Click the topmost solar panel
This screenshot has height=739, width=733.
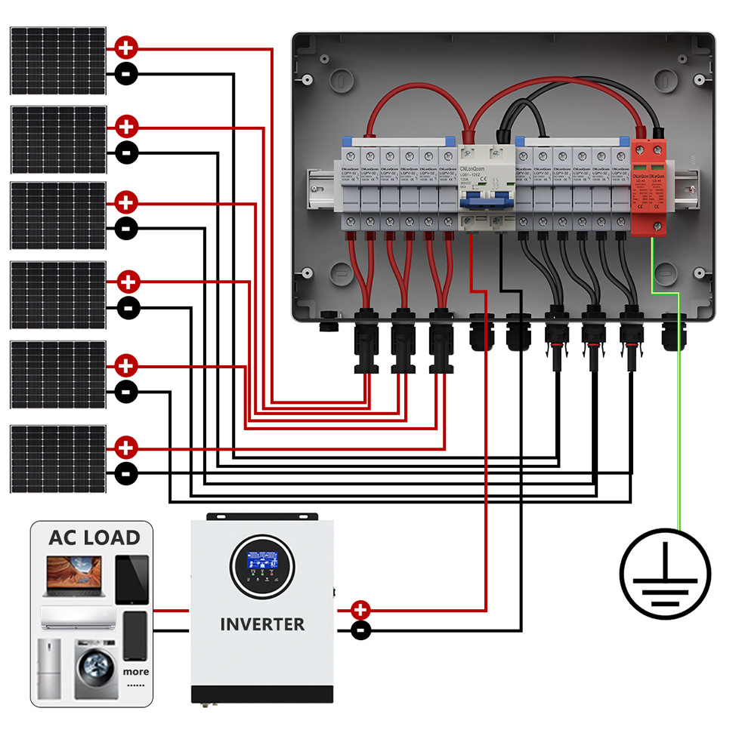(x=57, y=60)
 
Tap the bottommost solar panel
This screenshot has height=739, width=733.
(x=57, y=459)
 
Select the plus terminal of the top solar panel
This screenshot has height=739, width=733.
(x=126, y=49)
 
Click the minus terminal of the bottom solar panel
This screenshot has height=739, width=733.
(x=126, y=474)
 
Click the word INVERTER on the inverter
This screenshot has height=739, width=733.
(x=262, y=624)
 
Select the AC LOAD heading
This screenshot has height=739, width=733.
(x=94, y=537)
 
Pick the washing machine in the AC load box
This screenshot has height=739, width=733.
(x=96, y=669)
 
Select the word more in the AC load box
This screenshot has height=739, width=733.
(x=135, y=671)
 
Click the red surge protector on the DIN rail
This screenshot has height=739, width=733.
(x=650, y=189)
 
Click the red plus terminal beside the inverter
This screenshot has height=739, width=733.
(x=361, y=609)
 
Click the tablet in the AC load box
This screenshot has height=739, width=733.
(x=131, y=579)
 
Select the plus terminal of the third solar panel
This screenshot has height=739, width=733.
(x=126, y=203)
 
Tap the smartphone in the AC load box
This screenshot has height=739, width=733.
(x=135, y=635)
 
